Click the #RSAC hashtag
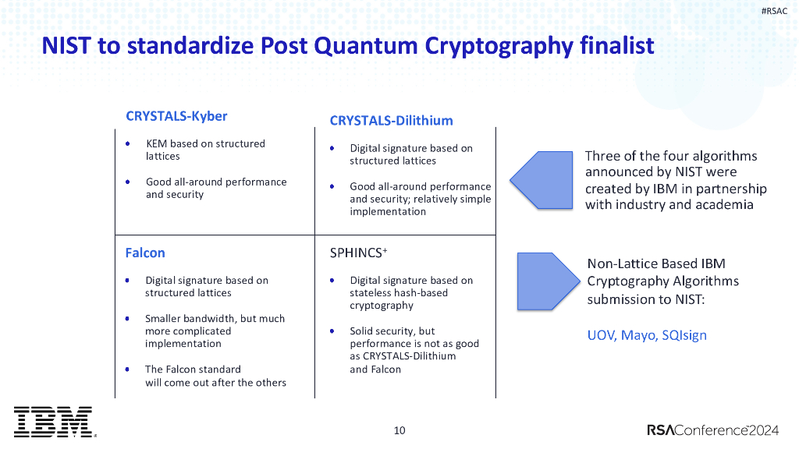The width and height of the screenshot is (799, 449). pyautogui.click(x=774, y=10)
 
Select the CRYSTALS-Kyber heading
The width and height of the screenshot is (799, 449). pyautogui.click(x=176, y=116)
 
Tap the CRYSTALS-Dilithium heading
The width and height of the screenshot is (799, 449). pyautogui.click(x=391, y=120)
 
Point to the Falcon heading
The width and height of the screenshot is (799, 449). pyautogui.click(x=145, y=253)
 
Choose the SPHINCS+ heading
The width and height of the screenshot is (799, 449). pyautogui.click(x=358, y=253)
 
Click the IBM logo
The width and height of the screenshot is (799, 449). pyautogui.click(x=53, y=422)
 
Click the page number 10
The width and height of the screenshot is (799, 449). pyautogui.click(x=399, y=430)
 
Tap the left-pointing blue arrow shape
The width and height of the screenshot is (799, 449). pyautogui.click(x=543, y=179)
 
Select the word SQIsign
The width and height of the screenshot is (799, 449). pyautogui.click(x=684, y=335)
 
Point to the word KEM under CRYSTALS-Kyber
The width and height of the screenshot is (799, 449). pyautogui.click(x=157, y=143)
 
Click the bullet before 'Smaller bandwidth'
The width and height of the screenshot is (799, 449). pyautogui.click(x=127, y=319)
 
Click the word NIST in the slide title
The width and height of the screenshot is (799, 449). pyautogui.click(x=68, y=45)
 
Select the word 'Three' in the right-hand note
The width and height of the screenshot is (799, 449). pyautogui.click(x=602, y=156)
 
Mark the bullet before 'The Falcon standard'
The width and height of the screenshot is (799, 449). pyautogui.click(x=127, y=369)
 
